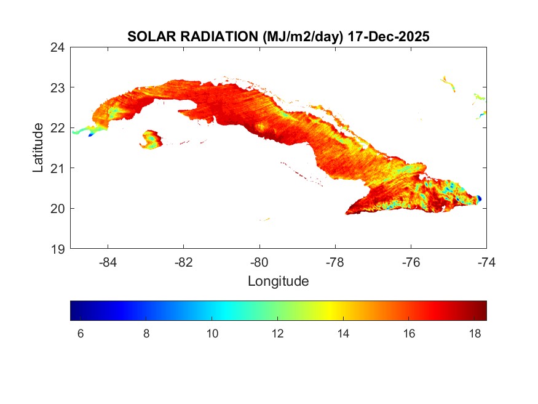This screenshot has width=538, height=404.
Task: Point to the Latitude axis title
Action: pyautogui.click(x=38, y=147)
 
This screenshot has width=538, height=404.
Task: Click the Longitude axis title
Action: pyautogui.click(x=278, y=281)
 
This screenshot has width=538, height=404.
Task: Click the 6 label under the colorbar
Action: pyautogui.click(x=81, y=334)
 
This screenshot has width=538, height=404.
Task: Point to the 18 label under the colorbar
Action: pyautogui.click(x=474, y=334)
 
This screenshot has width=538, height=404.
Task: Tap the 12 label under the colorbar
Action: pyautogui.click(x=277, y=334)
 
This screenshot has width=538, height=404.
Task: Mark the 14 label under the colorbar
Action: pyautogui.click(x=343, y=334)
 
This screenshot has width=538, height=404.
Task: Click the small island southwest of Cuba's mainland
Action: pyautogui.click(x=151, y=140)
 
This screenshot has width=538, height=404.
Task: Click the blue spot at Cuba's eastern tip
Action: pyautogui.click(x=478, y=198)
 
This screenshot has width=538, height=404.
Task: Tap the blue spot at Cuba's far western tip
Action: pyautogui.click(x=91, y=134)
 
